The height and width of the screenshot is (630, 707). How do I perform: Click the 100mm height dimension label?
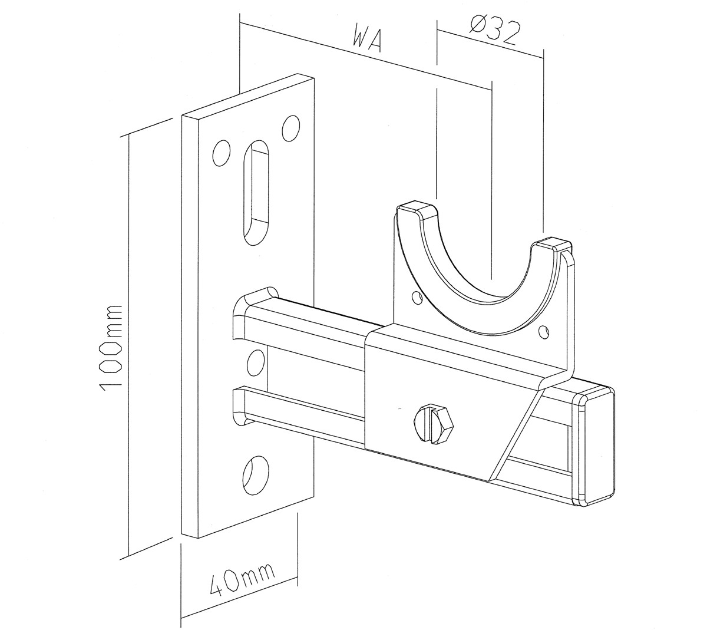pyautogui.click(x=110, y=345)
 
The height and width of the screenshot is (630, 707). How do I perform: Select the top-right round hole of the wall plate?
pyautogui.click(x=290, y=128)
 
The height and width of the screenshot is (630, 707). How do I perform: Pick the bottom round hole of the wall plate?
pyautogui.click(x=256, y=476)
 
